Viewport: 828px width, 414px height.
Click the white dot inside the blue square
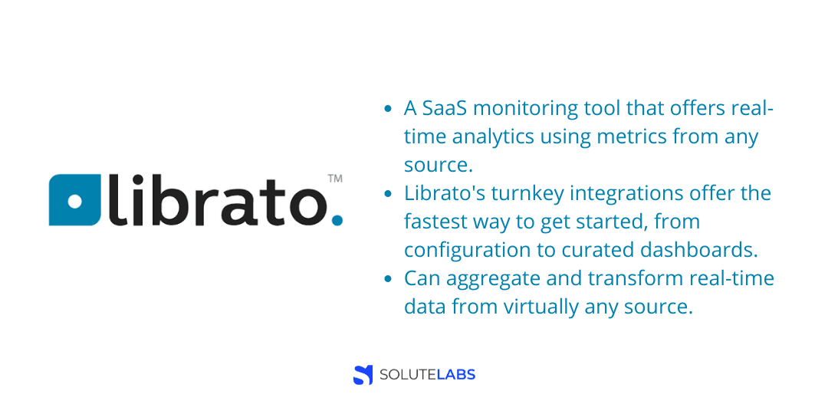point(75,201)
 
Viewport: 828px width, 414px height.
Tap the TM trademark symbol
point(335,179)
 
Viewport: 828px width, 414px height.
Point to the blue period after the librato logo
point(337,219)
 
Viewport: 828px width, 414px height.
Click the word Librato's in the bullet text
point(445,194)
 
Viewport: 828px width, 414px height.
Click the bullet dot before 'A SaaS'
point(388,110)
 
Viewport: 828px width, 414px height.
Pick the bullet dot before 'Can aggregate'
point(388,279)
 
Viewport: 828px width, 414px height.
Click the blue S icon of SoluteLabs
point(363,375)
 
